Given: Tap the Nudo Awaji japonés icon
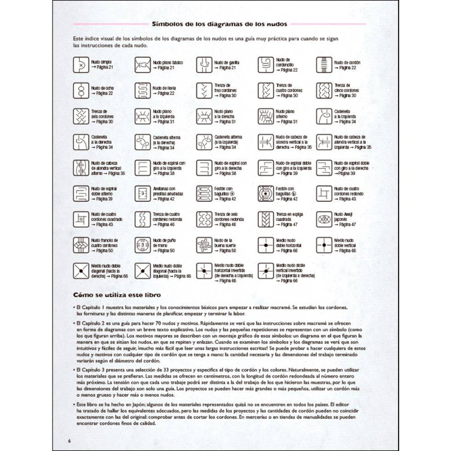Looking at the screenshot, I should (x=324, y=219).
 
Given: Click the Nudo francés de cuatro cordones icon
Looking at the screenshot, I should (x=81, y=245).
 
